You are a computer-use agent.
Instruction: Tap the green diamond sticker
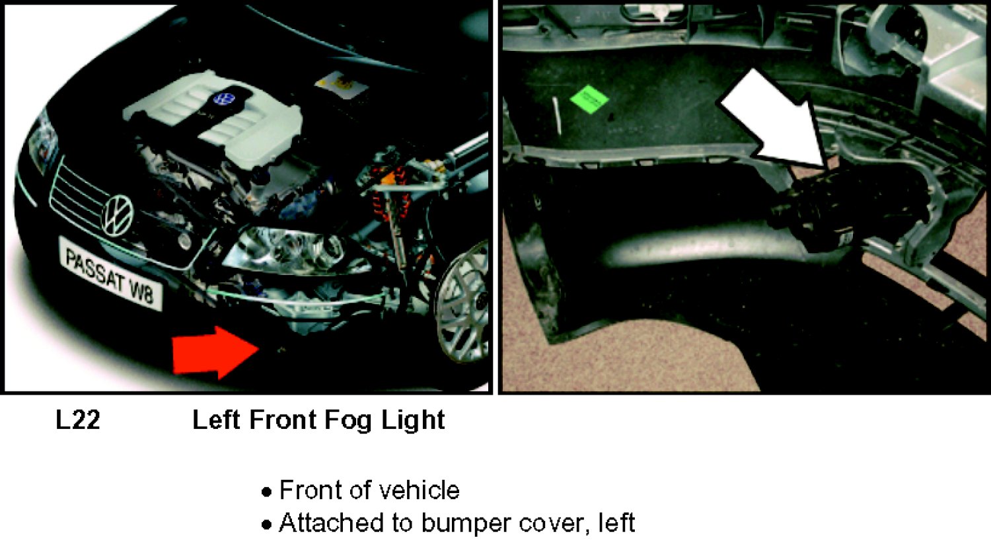pyautogui.click(x=589, y=99)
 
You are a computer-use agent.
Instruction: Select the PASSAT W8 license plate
pyautogui.click(x=110, y=274)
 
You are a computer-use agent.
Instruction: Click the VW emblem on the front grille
pyautogui.click(x=118, y=215)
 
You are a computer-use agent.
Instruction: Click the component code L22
pyautogui.click(x=78, y=420)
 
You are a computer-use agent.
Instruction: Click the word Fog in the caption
pyautogui.click(x=348, y=421)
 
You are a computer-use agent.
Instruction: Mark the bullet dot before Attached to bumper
pyautogui.click(x=266, y=525)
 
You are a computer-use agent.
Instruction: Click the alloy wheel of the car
pyautogui.click(x=462, y=301)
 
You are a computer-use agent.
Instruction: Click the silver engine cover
pyautogui.click(x=212, y=117)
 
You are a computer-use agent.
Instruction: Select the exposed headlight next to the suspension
pyautogui.click(x=294, y=251)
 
